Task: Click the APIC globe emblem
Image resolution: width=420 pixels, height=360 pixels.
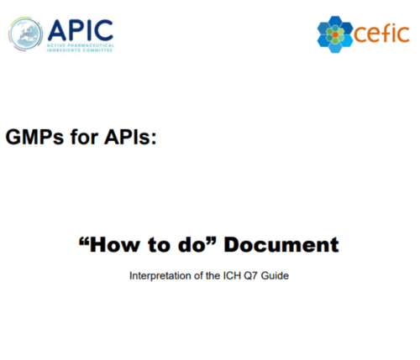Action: [26, 34]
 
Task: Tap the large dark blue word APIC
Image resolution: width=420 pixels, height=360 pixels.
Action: [81, 30]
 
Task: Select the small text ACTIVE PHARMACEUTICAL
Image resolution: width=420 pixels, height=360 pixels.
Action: [81, 45]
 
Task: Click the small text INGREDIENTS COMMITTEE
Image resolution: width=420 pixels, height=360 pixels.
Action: [80, 50]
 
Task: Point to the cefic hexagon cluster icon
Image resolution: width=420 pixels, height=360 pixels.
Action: [335, 34]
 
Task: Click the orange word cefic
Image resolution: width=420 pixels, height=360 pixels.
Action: [381, 34]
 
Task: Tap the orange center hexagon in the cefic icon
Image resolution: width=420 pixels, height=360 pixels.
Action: [335, 35]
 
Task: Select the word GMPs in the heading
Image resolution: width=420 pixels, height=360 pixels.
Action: [34, 137]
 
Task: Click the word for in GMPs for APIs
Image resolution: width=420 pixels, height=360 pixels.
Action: [84, 137]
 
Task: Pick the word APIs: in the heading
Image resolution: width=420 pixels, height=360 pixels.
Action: [130, 137]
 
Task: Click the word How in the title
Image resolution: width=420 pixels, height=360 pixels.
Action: [114, 245]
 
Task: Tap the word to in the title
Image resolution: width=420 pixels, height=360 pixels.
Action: [159, 245]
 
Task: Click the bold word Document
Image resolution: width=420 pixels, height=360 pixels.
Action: [281, 245]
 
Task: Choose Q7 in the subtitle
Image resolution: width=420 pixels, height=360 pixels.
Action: [250, 276]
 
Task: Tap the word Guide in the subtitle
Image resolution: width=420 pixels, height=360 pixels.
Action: [275, 276]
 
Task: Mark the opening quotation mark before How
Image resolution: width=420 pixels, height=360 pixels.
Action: [84, 241]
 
